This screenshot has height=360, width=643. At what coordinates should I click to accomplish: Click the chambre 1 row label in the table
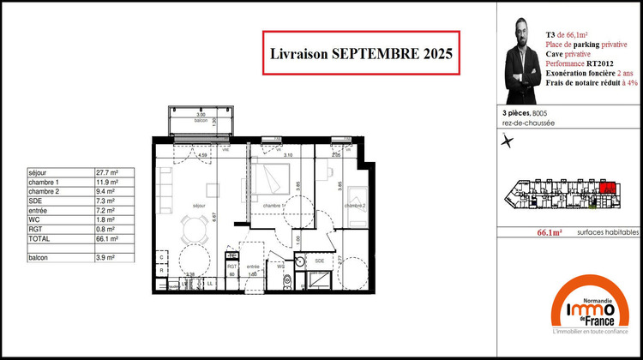[44, 183]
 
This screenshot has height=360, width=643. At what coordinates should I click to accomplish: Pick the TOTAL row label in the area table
[39, 239]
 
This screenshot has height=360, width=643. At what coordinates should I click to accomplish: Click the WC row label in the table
[33, 220]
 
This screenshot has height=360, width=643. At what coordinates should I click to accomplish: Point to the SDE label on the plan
[318, 260]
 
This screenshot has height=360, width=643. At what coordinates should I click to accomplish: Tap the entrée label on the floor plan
[254, 267]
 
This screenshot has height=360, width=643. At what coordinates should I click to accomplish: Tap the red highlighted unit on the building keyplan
[607, 189]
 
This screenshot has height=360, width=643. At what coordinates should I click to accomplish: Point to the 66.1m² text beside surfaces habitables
[549, 232]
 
